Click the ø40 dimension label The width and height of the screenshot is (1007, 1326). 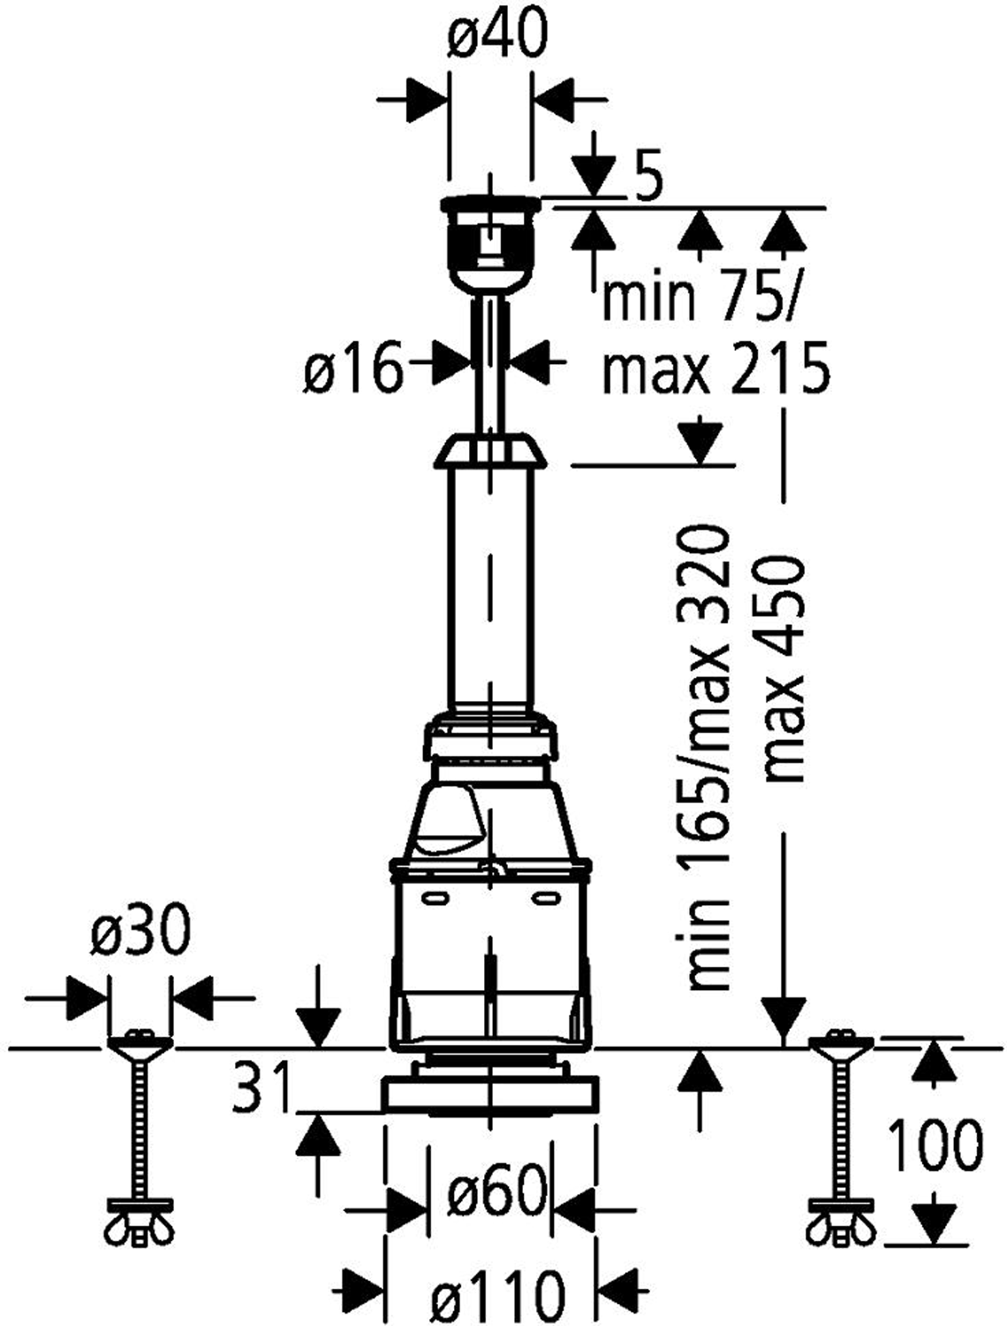[x=497, y=36]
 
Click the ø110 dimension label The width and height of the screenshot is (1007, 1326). [x=497, y=1295]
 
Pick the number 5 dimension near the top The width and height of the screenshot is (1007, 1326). [x=648, y=180]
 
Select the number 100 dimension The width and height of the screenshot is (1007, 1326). [x=935, y=1145]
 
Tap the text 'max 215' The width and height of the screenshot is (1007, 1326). [x=715, y=369]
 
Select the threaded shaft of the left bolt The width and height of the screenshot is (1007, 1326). [x=140, y=1132]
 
